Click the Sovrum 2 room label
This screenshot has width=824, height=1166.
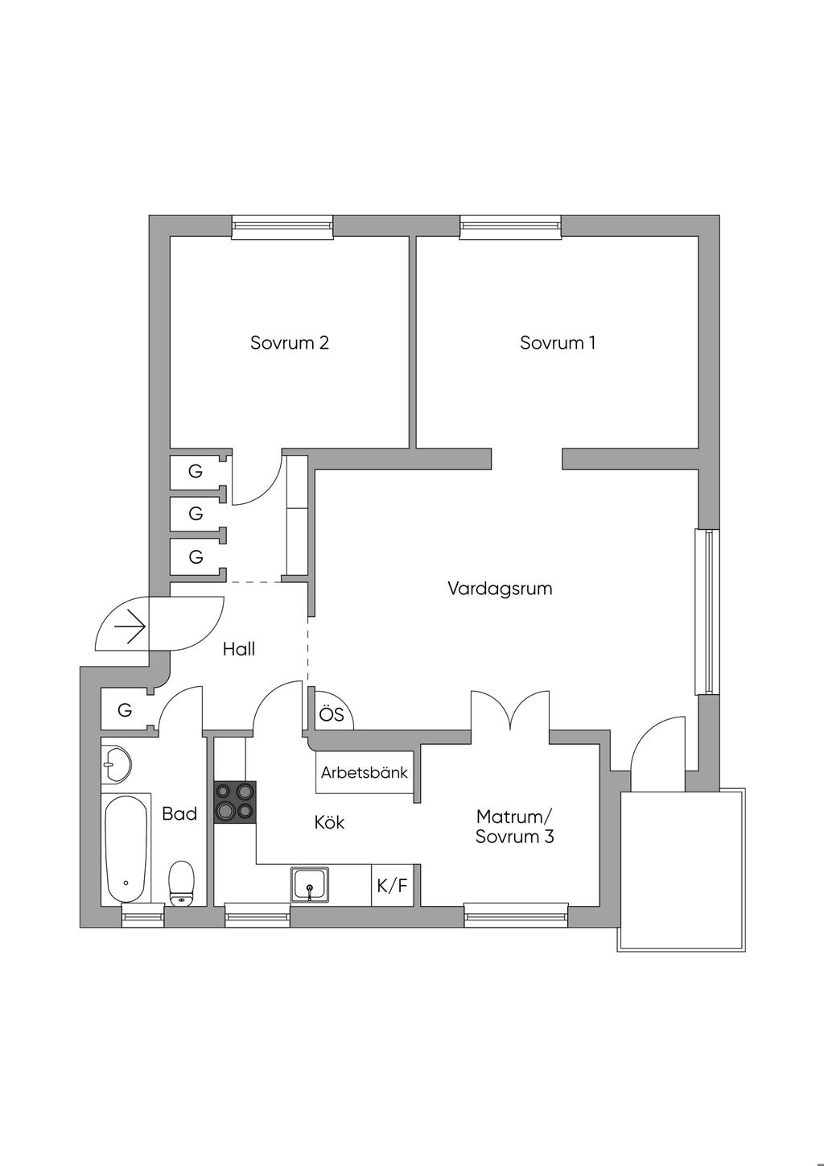(x=290, y=343)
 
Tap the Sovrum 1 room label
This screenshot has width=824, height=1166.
(x=558, y=343)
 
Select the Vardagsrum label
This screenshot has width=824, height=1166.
(x=500, y=589)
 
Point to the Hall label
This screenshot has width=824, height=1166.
(x=239, y=649)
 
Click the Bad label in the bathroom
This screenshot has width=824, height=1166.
(x=179, y=814)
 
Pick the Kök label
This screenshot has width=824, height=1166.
(x=330, y=823)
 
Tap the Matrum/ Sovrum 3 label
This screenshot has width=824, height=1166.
(x=515, y=827)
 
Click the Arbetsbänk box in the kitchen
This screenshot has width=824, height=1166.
(x=365, y=773)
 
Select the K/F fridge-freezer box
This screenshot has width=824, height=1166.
(x=393, y=887)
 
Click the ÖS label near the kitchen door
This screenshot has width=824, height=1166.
(x=332, y=715)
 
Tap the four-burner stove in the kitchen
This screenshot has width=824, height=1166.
(x=235, y=802)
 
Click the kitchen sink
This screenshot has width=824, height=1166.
(x=311, y=886)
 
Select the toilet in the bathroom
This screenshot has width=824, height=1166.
(x=182, y=883)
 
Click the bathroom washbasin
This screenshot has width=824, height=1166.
(x=117, y=762)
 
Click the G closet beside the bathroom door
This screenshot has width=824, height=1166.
(x=126, y=710)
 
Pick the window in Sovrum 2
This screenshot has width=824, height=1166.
(x=282, y=227)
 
